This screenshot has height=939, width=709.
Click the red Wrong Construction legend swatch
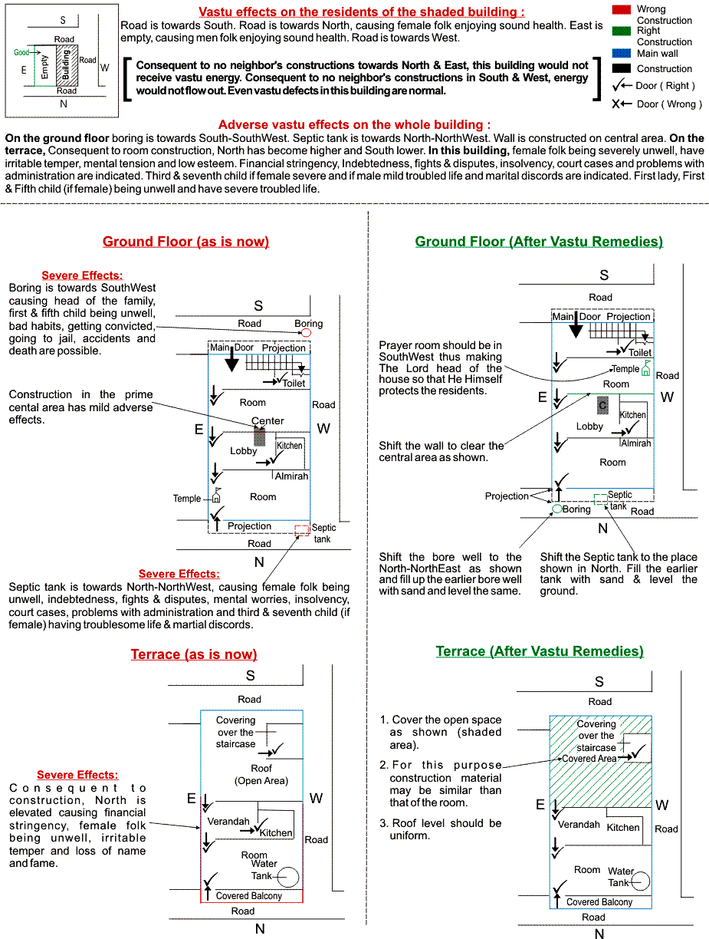(620, 9)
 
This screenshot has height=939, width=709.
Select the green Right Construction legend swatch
(620, 31)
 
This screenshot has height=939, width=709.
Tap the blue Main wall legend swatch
(620, 53)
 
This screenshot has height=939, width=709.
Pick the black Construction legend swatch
(620, 68)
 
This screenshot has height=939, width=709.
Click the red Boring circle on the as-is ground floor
(307, 333)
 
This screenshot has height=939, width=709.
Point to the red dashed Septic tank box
(301, 529)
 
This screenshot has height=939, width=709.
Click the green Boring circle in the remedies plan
(557, 509)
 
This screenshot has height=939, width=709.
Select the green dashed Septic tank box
(600, 499)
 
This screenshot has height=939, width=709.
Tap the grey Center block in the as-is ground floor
(260, 436)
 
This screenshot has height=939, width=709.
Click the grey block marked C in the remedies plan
(603, 405)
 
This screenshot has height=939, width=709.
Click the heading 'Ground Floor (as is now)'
(185, 242)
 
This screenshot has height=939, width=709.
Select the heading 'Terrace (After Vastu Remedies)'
(540, 651)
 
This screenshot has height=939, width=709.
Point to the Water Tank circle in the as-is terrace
(288, 877)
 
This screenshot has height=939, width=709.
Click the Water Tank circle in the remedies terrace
(640, 882)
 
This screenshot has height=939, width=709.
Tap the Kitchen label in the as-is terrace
(275, 832)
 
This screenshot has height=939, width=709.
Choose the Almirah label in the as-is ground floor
(291, 476)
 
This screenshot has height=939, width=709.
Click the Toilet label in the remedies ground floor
(640, 353)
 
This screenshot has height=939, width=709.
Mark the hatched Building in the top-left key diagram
(67, 65)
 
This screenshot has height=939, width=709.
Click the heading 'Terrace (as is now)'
(193, 654)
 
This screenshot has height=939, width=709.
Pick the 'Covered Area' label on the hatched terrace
(589, 758)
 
